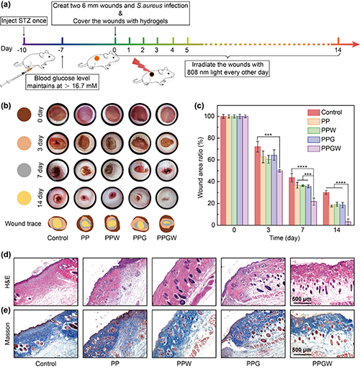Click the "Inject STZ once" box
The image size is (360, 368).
(x=24, y=21)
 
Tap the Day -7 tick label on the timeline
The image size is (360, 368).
(x=61, y=50)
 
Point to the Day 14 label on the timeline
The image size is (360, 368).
(x=338, y=50)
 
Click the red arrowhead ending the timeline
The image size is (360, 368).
(x=355, y=44)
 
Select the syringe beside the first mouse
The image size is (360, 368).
(x=16, y=77)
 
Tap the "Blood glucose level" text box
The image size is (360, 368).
(x=62, y=82)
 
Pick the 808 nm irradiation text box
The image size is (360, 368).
(x=227, y=68)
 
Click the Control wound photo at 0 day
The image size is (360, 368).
(x=58, y=115)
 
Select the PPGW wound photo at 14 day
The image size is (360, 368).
(x=167, y=198)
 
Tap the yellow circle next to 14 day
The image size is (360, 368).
(x=24, y=198)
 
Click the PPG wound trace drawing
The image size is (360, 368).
(x=140, y=224)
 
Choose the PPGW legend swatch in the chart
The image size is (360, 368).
(x=314, y=148)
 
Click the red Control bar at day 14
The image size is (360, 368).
(x=326, y=209)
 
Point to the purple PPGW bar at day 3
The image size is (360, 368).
(x=279, y=198)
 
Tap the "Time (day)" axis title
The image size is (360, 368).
(x=284, y=238)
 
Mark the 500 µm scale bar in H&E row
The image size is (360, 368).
(x=302, y=303)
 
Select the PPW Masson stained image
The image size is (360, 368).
(x=184, y=333)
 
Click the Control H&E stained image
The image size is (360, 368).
(x=46, y=282)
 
